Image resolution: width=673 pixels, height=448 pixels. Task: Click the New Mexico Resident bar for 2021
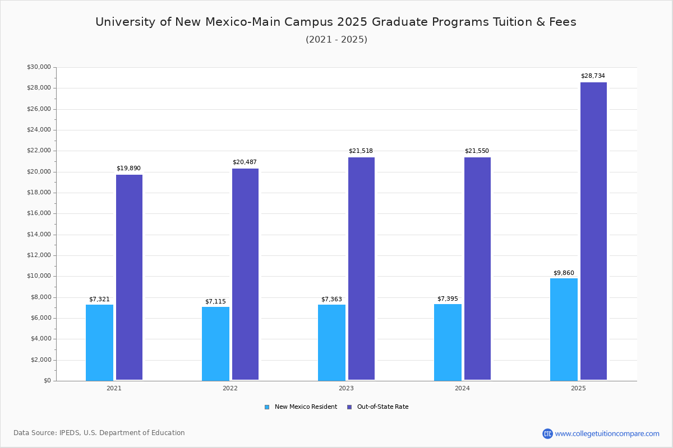[x=99, y=342]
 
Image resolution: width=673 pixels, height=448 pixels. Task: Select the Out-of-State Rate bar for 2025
[x=593, y=231]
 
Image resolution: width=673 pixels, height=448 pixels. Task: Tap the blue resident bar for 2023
[x=331, y=342]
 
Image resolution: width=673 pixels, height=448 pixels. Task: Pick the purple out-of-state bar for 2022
[x=245, y=274]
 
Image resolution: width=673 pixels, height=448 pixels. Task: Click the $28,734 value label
[x=593, y=76]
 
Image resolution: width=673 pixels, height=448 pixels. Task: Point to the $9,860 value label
[x=564, y=273]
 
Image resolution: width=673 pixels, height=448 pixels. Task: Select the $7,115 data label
[x=215, y=302]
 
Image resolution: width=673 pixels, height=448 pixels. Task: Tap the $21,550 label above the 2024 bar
[x=477, y=151]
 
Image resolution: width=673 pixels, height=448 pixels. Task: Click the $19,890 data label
[x=128, y=169]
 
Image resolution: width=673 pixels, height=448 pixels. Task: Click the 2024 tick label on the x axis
[x=462, y=388]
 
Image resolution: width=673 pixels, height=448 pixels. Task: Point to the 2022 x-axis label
[x=230, y=388]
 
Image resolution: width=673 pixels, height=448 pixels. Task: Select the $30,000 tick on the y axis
[x=39, y=67]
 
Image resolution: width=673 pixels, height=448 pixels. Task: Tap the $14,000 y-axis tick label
[x=39, y=235]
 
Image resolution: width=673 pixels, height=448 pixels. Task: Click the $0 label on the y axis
[x=47, y=381]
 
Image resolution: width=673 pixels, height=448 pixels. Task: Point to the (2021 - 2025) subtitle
[x=336, y=40]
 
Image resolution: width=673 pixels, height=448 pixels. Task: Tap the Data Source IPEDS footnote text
[x=99, y=433]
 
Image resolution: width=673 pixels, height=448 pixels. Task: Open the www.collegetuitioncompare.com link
[x=607, y=433]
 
